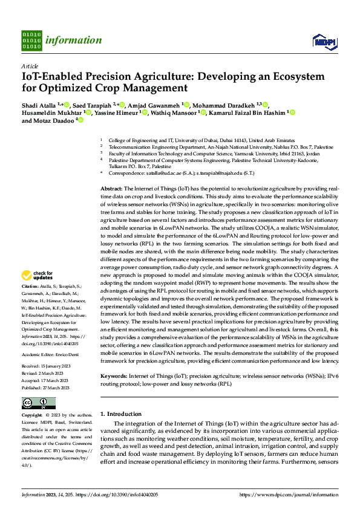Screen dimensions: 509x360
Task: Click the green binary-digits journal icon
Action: pos(31,41)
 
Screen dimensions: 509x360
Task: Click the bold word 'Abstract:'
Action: pos(111,189)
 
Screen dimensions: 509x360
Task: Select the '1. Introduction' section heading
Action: pos(120,414)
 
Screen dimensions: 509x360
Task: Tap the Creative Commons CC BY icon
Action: pos(39,403)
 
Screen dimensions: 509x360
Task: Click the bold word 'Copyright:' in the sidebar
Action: pos(32,415)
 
